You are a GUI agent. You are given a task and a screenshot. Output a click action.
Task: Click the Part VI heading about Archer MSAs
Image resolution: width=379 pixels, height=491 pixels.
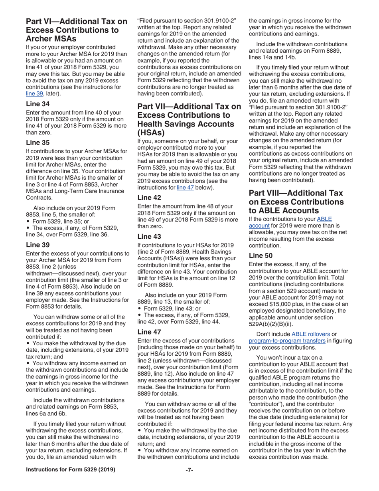point(77,30)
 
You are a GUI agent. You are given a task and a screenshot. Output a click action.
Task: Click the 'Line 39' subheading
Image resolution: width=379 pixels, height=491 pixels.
point(38,245)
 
